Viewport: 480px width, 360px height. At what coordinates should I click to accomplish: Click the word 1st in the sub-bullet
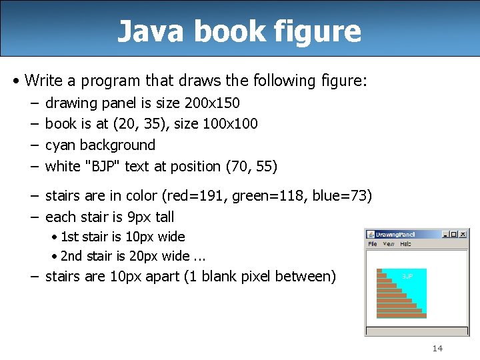[x=69, y=237]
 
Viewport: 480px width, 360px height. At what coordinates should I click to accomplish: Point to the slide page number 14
[x=437, y=348]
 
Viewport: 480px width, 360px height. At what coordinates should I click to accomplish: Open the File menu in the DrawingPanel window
[x=373, y=244]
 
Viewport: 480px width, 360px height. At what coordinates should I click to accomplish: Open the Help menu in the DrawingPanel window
[x=405, y=244]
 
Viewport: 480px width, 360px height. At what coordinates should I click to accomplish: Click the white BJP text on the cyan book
[x=407, y=275]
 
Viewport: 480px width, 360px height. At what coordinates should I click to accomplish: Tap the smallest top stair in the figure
[x=379, y=271]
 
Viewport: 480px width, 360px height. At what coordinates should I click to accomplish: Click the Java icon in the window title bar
[x=371, y=235]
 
